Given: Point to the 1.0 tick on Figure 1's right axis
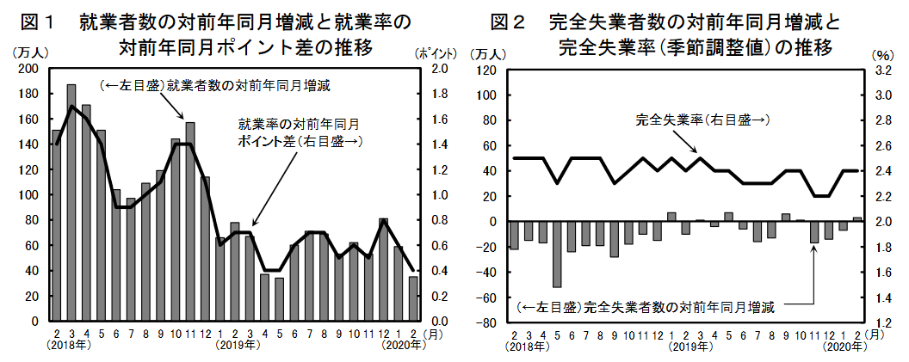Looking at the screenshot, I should (x=438, y=195).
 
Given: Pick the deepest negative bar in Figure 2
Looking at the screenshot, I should (x=556, y=255).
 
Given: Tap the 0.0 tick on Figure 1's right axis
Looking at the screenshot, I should (x=438, y=322).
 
